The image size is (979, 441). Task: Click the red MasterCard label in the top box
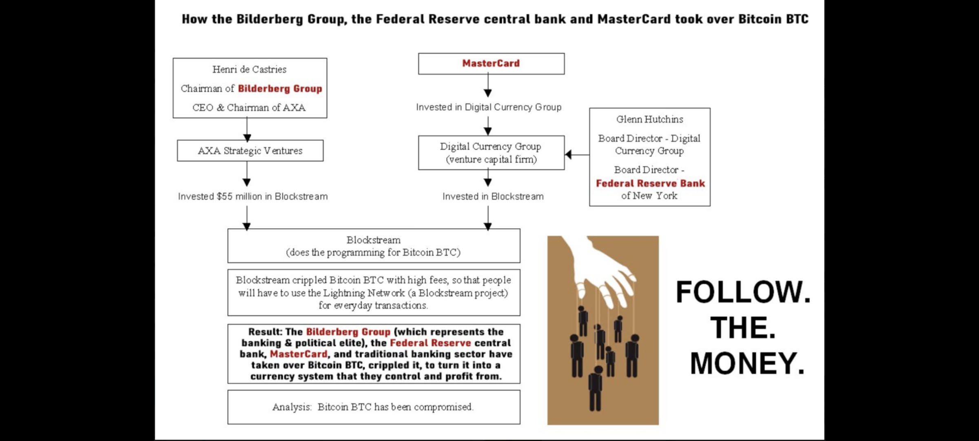coord(491,63)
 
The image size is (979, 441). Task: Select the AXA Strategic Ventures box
coord(250,151)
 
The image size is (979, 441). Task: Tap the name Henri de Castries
coord(249,69)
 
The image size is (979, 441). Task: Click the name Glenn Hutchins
coord(649,119)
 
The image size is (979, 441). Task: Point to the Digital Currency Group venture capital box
coord(491,153)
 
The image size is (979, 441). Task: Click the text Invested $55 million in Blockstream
coord(253,196)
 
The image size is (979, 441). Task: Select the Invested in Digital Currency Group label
coord(489,107)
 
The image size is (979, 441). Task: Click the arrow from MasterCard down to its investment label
coord(488,86)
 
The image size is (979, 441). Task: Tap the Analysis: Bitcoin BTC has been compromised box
coord(374,407)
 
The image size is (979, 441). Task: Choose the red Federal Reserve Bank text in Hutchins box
coord(650,183)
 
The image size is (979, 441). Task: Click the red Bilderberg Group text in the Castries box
coord(280,89)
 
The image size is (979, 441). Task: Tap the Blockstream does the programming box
coord(374,246)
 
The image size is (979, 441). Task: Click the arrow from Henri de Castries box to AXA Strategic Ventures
coord(247,130)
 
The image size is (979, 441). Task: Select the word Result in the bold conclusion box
coord(265,332)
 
